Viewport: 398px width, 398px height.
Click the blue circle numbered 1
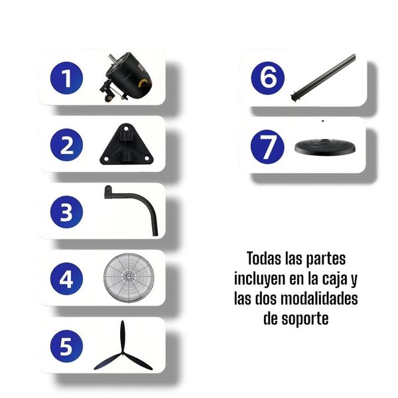68,79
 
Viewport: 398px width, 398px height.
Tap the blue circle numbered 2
68,145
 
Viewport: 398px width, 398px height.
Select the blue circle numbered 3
66,213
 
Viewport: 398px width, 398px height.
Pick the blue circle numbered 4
66,279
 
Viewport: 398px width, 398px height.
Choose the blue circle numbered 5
66,346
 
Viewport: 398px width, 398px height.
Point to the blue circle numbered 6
267,78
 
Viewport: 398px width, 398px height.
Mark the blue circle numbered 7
267,147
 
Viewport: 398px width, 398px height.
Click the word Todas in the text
265,257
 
